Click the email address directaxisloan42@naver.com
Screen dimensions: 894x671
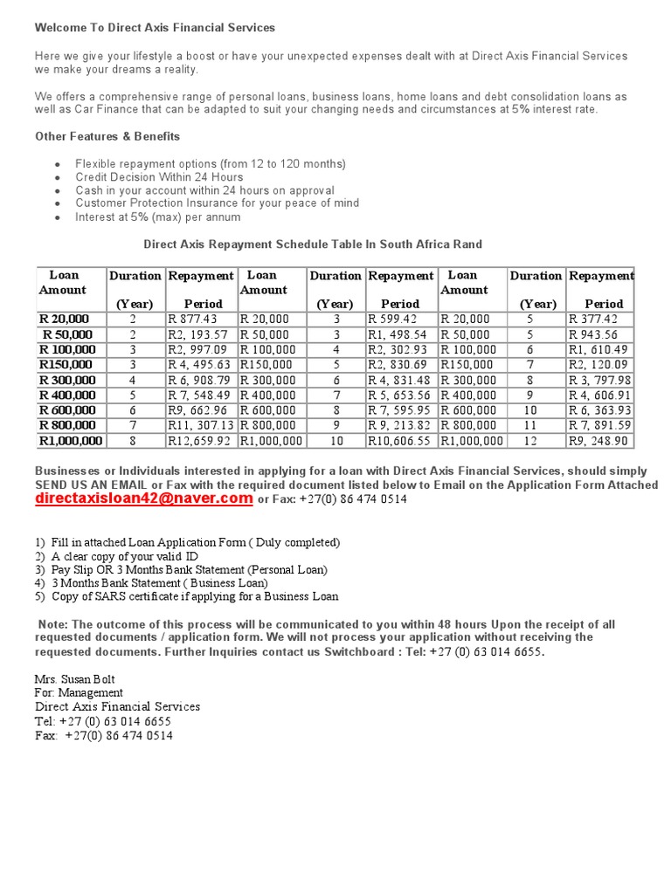(x=144, y=499)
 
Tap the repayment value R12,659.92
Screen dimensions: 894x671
(x=200, y=441)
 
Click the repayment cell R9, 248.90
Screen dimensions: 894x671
(x=598, y=441)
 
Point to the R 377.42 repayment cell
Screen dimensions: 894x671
(x=593, y=320)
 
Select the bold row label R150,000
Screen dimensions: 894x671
(x=66, y=365)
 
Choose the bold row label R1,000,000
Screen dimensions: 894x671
(x=70, y=441)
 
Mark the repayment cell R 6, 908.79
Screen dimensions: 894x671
(x=200, y=380)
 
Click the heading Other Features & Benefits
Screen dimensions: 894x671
(x=107, y=136)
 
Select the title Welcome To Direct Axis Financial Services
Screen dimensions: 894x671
(x=155, y=28)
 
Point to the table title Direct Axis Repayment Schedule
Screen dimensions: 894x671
(x=313, y=244)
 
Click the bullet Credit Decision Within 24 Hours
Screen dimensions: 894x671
(x=159, y=177)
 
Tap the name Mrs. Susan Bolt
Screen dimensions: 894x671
(x=75, y=679)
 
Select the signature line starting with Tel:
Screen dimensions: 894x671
(x=103, y=722)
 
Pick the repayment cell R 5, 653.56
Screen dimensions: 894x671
(x=399, y=395)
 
